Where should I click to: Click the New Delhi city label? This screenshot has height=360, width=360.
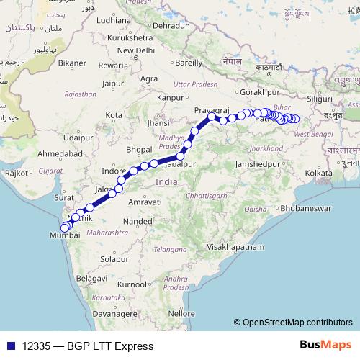click(x=136, y=50)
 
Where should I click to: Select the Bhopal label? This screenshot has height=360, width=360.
click(x=139, y=149)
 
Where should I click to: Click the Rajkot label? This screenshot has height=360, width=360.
click(x=15, y=173)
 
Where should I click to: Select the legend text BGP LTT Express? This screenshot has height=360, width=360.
click(x=109, y=346)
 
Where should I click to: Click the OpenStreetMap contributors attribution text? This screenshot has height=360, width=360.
click(x=297, y=322)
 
